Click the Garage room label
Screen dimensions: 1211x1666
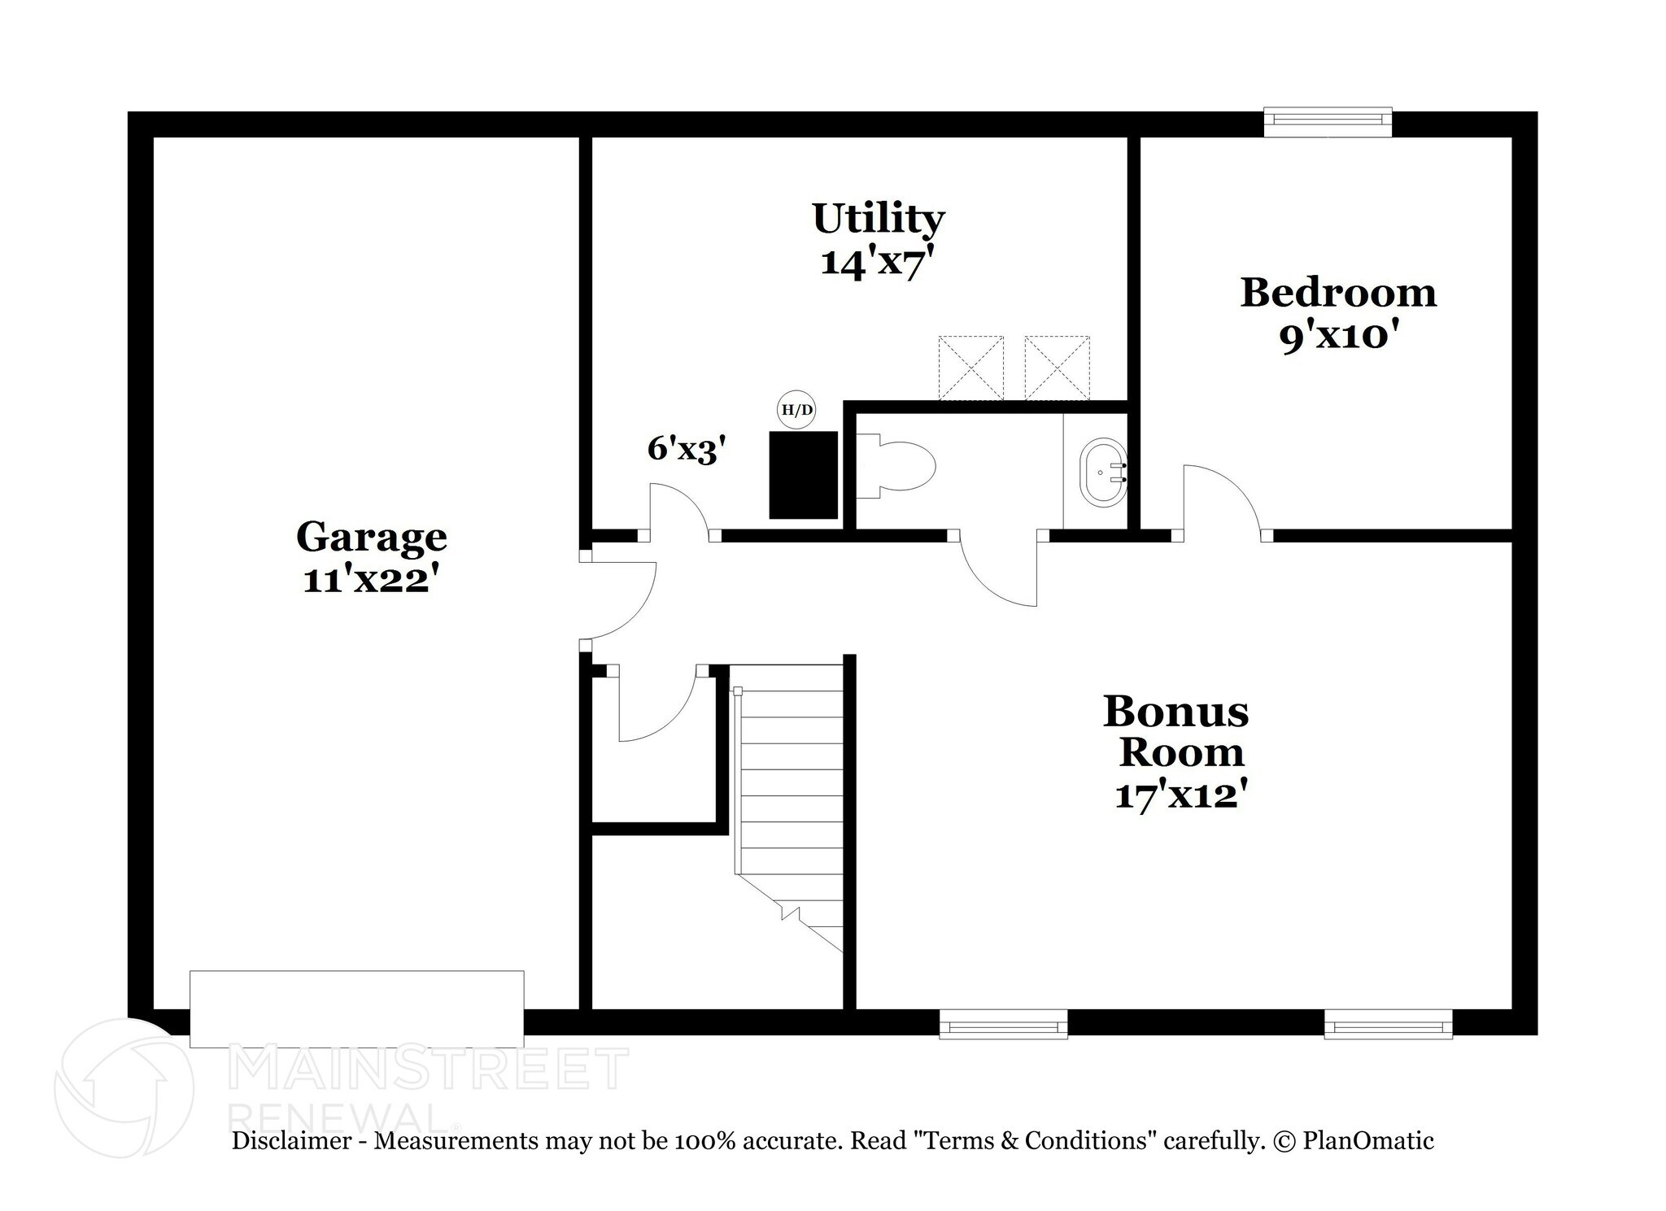[x=371, y=537]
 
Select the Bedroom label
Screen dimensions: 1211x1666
[x=1337, y=293]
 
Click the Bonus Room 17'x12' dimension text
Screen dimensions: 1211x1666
[x=1180, y=795]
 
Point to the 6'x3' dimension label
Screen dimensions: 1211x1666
[x=686, y=449]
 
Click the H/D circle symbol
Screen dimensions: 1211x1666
[x=796, y=410]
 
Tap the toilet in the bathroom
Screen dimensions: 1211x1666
[x=898, y=466]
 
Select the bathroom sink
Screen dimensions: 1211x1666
[x=1103, y=473]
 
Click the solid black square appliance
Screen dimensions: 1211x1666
[x=804, y=475]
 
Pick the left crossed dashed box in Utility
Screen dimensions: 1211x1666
[x=970, y=368]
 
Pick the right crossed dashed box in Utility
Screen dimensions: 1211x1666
[x=1057, y=368]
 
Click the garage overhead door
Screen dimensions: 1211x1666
[x=356, y=1008]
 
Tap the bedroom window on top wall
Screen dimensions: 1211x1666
[x=1328, y=121]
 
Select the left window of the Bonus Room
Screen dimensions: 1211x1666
[x=1003, y=1024]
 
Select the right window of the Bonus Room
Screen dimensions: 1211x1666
[x=1388, y=1024]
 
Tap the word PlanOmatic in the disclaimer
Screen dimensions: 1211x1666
[x=1368, y=1140]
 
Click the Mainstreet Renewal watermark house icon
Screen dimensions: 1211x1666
[x=124, y=1087]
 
